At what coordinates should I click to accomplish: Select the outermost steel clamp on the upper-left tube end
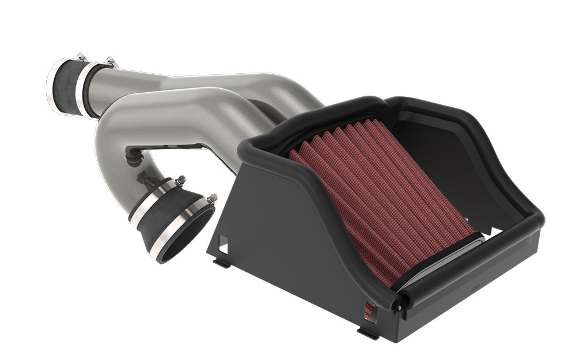54,84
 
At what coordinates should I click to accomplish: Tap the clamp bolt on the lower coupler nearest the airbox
212,198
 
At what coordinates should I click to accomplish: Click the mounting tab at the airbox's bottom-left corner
220,264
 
